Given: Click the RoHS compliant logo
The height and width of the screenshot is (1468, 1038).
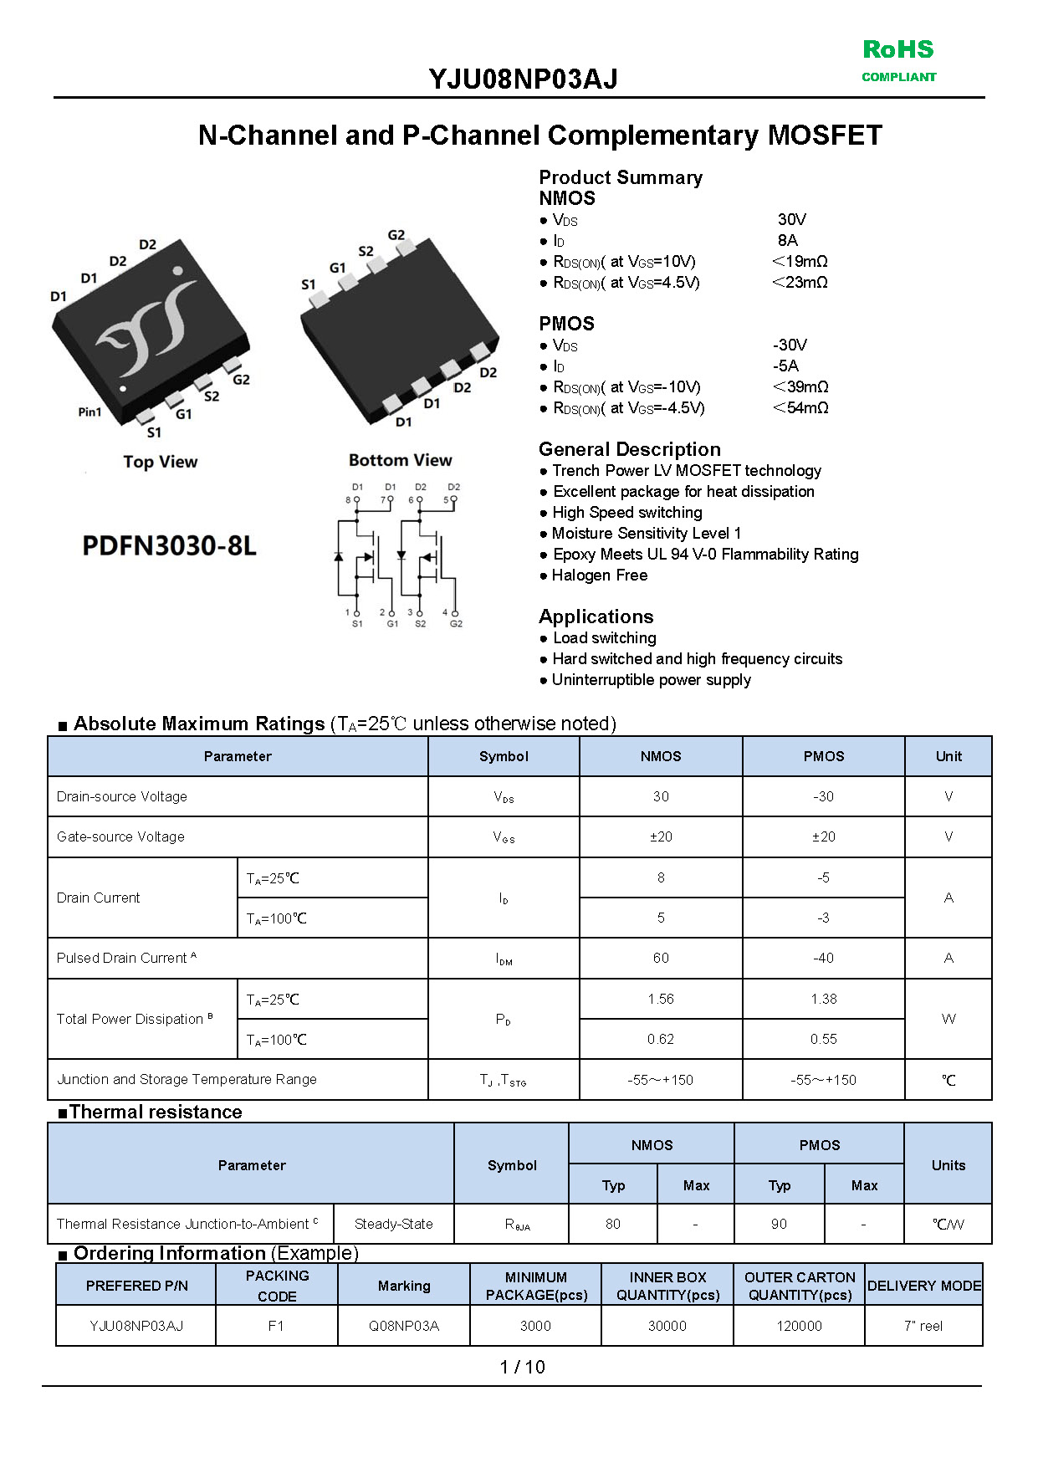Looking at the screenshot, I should (898, 60).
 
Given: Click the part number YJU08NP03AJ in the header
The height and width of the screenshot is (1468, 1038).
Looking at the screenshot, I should (523, 79).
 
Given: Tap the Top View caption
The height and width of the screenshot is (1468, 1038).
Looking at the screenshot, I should (161, 462).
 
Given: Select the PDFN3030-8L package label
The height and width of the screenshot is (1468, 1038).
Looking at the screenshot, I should (170, 545).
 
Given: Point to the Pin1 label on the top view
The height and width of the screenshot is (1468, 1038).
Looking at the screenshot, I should (89, 412).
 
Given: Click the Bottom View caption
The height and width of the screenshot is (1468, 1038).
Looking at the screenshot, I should (400, 460).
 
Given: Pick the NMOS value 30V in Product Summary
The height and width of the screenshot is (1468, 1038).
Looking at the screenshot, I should (791, 219).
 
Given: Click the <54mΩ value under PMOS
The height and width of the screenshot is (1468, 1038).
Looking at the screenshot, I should (800, 407).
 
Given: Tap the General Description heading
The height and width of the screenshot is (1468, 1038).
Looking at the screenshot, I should (629, 449).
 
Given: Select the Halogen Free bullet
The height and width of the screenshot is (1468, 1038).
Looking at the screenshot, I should (599, 575).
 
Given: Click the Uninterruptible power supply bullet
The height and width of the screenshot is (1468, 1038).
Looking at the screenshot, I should (651, 679).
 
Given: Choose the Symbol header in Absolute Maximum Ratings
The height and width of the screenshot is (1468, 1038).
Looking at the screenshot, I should (504, 756).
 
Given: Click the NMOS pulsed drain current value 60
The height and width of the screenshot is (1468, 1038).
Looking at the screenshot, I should (661, 958).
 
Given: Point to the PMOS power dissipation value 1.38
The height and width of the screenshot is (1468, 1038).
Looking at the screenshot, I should (823, 999).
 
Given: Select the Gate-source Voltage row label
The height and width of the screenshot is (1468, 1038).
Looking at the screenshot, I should (120, 836).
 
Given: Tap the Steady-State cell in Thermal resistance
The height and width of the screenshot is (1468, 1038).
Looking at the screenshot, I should (393, 1224).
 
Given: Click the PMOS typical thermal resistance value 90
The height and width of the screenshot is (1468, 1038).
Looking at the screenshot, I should (779, 1224).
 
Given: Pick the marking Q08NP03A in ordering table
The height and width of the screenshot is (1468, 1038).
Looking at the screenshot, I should (404, 1326).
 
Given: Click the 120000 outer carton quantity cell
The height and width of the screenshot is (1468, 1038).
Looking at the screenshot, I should (799, 1326).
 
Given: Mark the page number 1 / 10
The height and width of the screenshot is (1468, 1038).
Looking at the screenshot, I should (522, 1367).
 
